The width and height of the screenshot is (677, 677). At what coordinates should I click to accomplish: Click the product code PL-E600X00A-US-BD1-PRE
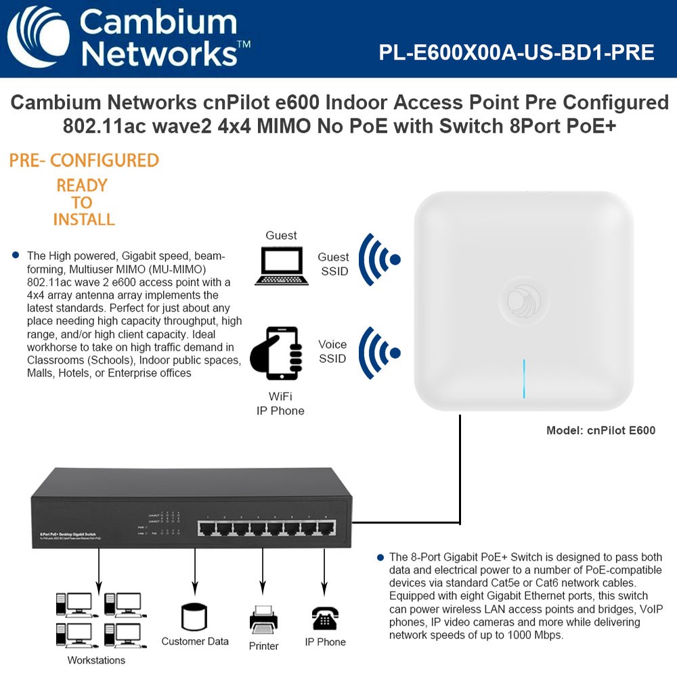(517, 52)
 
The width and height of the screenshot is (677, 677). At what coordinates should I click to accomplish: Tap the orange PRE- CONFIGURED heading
(84, 160)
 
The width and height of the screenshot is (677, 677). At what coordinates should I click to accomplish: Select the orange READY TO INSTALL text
(82, 202)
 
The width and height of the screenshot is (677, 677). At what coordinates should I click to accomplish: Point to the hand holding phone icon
(276, 353)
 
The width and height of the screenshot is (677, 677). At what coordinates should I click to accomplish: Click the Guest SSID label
(334, 263)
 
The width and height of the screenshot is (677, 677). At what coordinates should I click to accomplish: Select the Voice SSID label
(332, 351)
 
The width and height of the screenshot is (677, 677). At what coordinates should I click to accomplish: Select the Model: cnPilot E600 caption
(600, 430)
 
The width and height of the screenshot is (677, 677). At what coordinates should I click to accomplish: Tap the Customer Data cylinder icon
(194, 617)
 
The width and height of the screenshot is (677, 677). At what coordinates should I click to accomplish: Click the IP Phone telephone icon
(325, 619)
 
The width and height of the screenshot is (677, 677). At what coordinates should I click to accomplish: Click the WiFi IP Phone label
(280, 403)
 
